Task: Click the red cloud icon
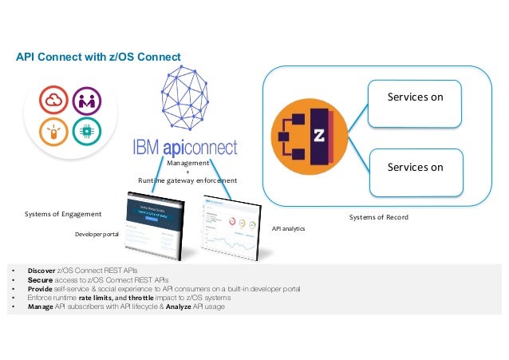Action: click(53, 101)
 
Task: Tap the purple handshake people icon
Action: click(85, 101)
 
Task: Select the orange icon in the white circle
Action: click(53, 132)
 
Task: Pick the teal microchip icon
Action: click(85, 132)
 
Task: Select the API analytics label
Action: click(288, 227)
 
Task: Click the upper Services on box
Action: click(414, 103)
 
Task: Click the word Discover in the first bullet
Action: click(41, 272)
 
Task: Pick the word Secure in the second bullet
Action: click(39, 281)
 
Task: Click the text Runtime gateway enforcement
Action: click(187, 180)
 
